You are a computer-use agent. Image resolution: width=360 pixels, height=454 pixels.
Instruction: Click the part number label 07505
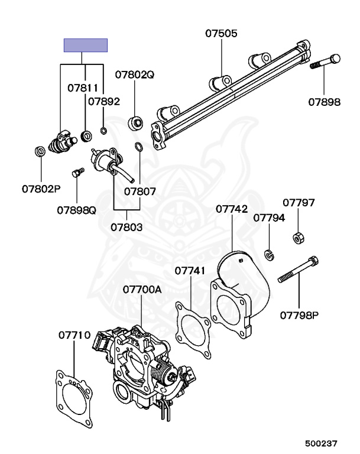coord(222,34)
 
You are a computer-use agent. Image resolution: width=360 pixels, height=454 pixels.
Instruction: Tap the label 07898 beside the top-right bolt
coord(324,102)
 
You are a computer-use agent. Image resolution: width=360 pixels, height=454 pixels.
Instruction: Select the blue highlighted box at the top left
coord(86,46)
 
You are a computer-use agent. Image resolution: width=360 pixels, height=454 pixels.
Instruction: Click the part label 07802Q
coord(134,75)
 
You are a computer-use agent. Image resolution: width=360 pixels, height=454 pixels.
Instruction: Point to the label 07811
coord(82,88)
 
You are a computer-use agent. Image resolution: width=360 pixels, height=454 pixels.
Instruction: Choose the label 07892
coord(104,101)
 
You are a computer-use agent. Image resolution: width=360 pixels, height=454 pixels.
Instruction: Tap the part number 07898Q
coord(76,209)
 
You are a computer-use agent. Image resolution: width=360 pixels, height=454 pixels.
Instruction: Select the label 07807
coord(140,192)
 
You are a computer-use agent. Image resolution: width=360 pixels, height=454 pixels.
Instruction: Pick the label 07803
coord(127,226)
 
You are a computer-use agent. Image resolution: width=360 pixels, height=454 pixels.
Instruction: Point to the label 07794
coord(269,218)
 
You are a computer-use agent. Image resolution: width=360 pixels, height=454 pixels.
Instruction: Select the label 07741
coord(190,270)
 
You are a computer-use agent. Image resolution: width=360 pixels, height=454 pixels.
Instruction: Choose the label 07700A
coord(142,290)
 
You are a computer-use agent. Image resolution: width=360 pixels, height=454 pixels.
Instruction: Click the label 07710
coord(74,335)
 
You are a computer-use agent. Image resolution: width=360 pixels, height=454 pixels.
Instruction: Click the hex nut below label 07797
coord(299,238)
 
